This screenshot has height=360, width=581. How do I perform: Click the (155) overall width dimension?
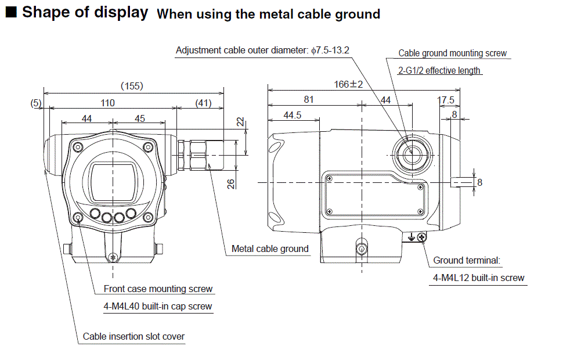click(132, 86)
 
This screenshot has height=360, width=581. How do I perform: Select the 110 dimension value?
click(107, 103)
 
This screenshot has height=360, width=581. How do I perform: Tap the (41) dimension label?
click(203, 103)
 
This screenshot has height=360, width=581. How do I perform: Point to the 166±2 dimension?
click(348, 85)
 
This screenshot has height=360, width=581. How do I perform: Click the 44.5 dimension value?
click(293, 115)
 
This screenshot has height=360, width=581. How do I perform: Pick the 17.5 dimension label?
click(446, 100)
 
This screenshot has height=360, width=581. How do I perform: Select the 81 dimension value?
click(308, 100)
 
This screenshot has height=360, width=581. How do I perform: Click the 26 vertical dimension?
click(230, 183)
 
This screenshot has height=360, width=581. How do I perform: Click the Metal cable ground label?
click(270, 249)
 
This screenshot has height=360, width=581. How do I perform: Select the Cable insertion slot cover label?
click(133, 336)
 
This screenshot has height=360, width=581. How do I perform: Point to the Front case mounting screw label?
click(158, 289)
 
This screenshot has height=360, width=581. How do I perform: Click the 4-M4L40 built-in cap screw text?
click(158, 306)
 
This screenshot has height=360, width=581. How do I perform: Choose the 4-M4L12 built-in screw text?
click(479, 278)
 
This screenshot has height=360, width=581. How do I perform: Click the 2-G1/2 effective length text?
click(439, 70)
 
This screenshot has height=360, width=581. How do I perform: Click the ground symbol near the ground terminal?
click(411, 236)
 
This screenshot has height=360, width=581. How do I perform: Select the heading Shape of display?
click(85, 12)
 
